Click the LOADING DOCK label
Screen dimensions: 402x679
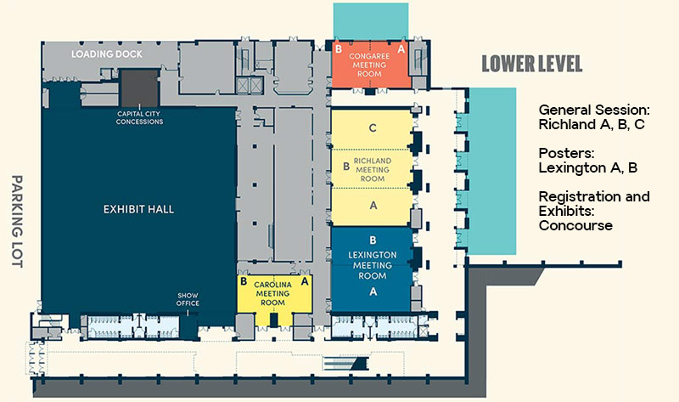click(x=106, y=54)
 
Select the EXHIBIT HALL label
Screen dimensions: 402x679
click(x=138, y=208)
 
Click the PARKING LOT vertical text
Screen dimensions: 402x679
click(x=16, y=222)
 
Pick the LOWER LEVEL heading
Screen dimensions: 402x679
click(x=531, y=65)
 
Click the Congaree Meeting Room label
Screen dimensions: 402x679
click(x=371, y=64)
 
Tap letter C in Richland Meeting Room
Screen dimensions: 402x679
click(x=372, y=128)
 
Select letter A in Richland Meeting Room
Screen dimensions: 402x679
click(x=372, y=205)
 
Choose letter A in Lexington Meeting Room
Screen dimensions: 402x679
click(x=372, y=291)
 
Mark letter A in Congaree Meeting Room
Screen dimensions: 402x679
click(x=401, y=49)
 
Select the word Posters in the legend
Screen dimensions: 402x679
click(x=563, y=153)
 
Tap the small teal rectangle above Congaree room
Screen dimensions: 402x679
click(x=371, y=19)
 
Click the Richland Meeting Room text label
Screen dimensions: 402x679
click(x=372, y=169)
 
